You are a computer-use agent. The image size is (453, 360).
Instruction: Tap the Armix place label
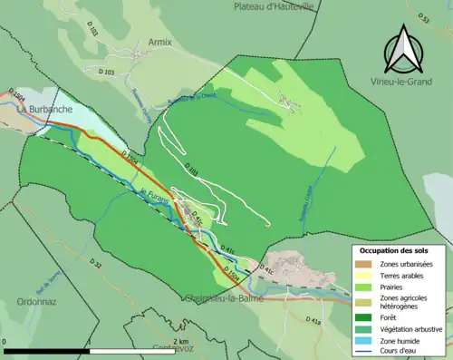(159, 43)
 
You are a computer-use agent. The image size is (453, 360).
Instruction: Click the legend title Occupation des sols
(400, 249)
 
